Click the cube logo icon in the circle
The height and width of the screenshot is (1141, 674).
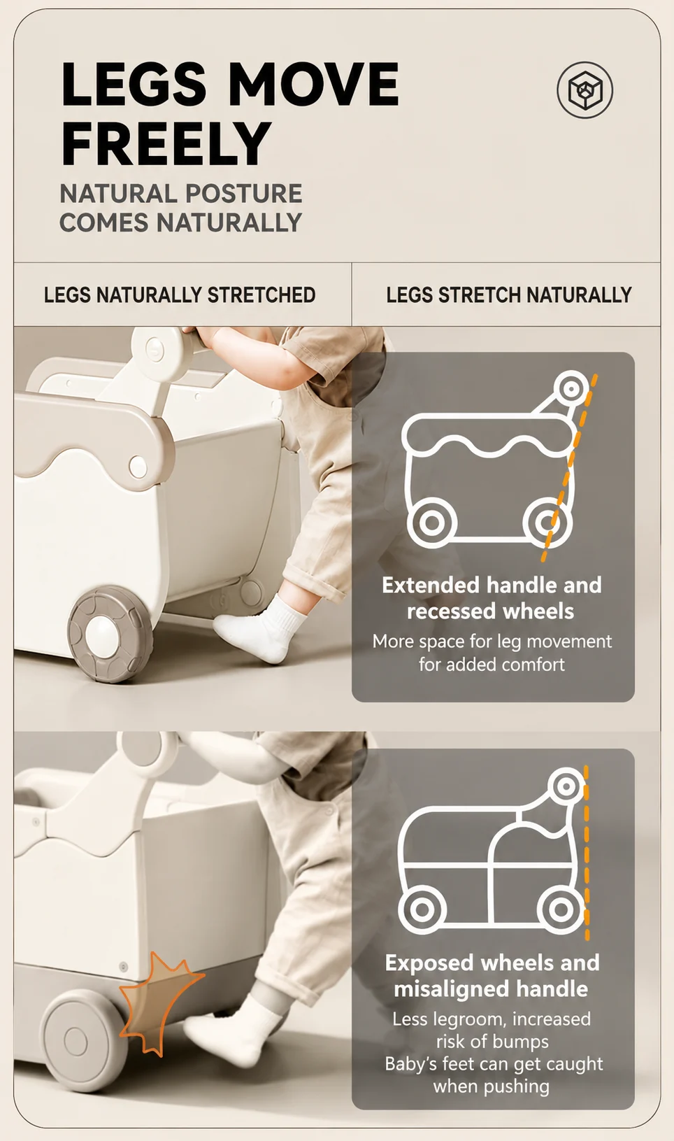(x=585, y=90)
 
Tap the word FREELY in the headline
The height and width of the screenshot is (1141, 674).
(x=166, y=143)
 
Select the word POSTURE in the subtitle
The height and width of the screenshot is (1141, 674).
(x=243, y=194)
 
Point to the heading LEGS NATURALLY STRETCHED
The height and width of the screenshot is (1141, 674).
(x=180, y=295)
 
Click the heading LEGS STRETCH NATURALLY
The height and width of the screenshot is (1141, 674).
(x=508, y=295)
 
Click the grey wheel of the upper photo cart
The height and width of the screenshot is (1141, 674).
(x=110, y=634)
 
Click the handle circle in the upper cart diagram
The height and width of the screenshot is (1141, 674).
(x=571, y=389)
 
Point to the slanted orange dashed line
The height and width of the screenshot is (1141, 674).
(x=569, y=467)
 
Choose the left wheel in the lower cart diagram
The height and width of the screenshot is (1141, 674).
(x=422, y=909)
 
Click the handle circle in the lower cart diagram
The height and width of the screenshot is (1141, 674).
(x=566, y=786)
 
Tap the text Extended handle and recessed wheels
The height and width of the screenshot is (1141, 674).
(x=492, y=598)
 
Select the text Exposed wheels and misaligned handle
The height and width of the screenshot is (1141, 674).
(x=492, y=975)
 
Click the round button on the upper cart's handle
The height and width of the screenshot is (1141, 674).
(x=154, y=350)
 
